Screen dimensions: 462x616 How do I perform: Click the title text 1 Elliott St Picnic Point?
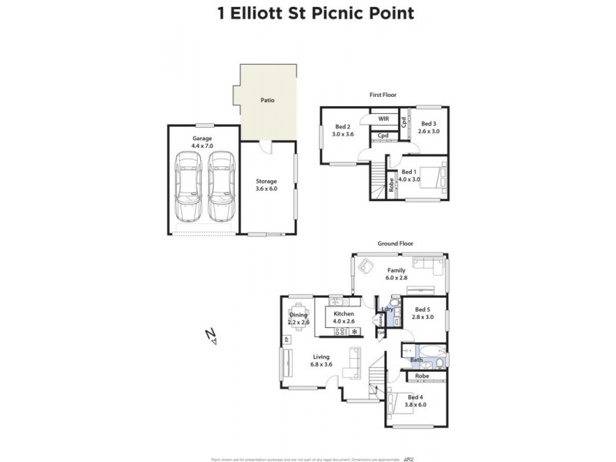tap(307, 13)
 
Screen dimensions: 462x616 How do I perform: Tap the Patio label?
tap(266, 100)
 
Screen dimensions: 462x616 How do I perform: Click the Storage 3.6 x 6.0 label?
tap(266, 185)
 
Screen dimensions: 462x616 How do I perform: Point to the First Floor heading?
tap(382, 95)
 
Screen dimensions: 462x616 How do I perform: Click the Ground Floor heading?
tap(395, 243)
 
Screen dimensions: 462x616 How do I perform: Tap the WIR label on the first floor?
tap(383, 119)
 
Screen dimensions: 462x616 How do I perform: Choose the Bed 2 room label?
tap(343, 126)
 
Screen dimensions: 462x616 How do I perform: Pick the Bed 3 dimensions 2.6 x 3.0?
tap(429, 131)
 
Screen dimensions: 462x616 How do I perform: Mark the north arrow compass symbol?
tap(212, 335)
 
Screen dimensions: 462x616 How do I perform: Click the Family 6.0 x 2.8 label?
tap(397, 274)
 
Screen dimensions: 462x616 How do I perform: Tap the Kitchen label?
tap(343, 314)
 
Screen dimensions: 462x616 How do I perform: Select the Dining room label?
tap(298, 315)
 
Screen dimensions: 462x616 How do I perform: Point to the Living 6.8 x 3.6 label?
tap(322, 360)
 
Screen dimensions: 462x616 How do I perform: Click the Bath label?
tap(416, 360)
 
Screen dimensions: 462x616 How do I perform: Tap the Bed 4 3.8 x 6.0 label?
tap(417, 400)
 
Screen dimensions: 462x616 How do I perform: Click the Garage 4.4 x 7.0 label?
tap(202, 142)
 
